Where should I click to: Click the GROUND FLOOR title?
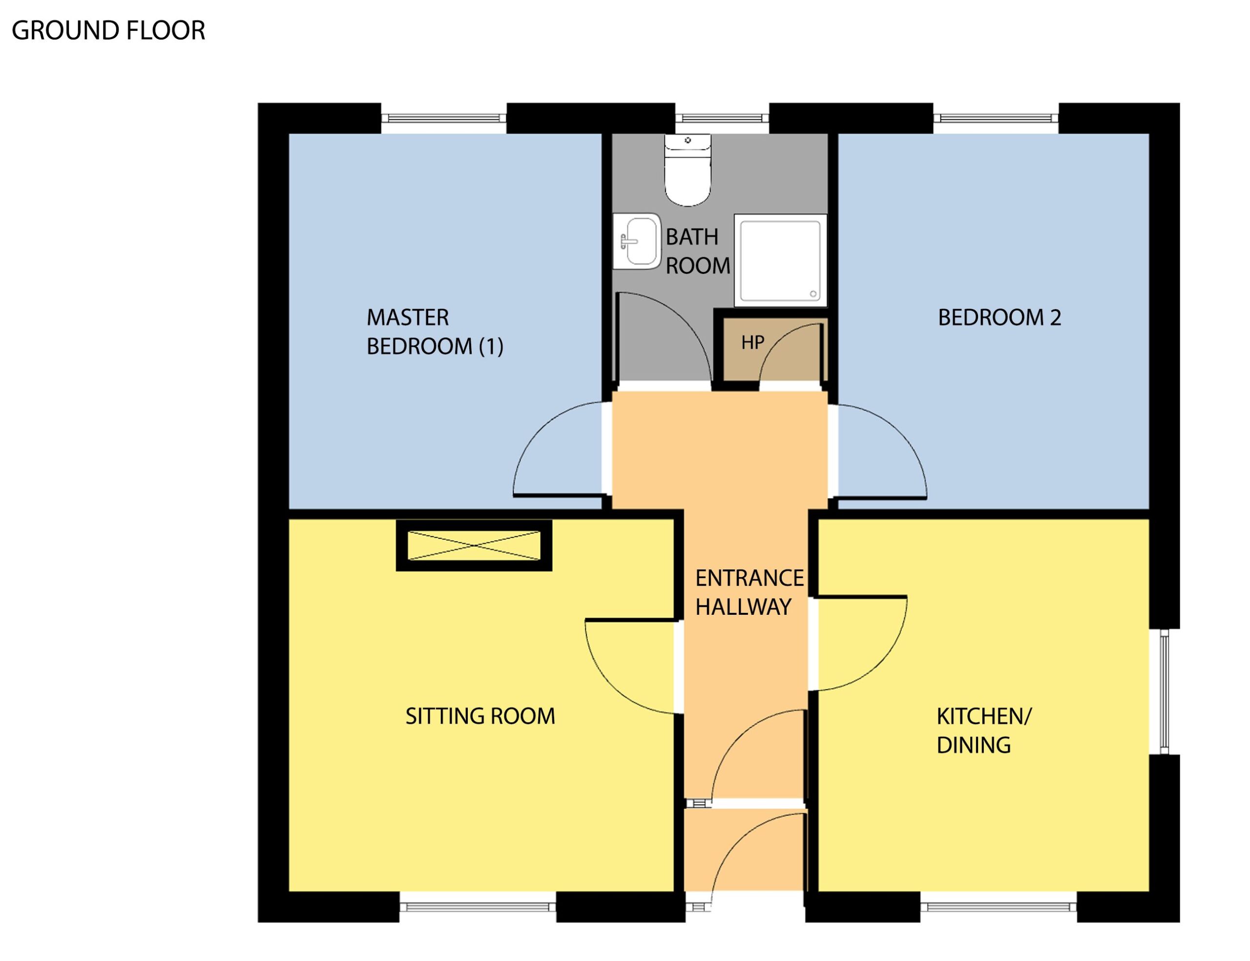pyautogui.click(x=108, y=30)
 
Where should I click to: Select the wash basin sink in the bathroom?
pyautogui.click(x=636, y=241)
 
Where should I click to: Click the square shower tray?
pyautogui.click(x=780, y=260)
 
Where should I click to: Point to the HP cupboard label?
pyautogui.click(x=752, y=342)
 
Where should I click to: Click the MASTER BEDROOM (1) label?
pyautogui.click(x=435, y=332)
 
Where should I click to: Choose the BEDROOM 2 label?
pyautogui.click(x=999, y=317)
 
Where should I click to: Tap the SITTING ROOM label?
pyautogui.click(x=480, y=716)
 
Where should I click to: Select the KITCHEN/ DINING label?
pyautogui.click(x=983, y=731)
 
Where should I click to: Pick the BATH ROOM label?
pyautogui.click(x=698, y=251)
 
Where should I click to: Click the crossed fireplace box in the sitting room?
pyautogui.click(x=474, y=545)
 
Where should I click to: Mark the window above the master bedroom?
pyautogui.click(x=444, y=118)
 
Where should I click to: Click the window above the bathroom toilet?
pyautogui.click(x=722, y=118)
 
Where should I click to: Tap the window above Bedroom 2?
pyautogui.click(x=996, y=118)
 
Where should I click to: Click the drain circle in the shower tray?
pyautogui.click(x=812, y=294)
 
